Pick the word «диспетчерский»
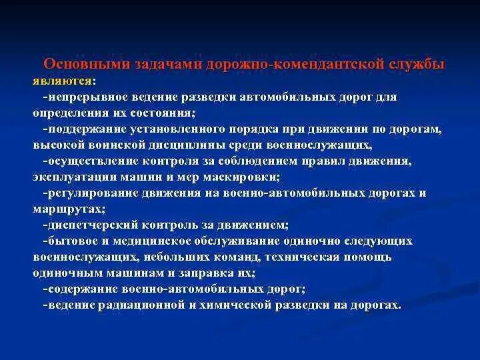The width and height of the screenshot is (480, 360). point(84,225)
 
